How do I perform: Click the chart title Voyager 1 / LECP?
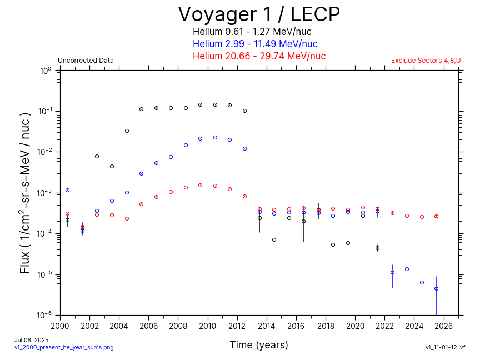coord(259,14)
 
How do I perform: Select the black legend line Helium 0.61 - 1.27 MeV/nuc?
coord(255,32)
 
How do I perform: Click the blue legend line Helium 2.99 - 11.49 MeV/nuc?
coord(255,44)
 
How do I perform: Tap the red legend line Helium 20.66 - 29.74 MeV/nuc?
coord(259,56)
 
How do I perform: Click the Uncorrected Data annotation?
coord(86,61)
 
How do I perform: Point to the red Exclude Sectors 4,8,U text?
coord(426,61)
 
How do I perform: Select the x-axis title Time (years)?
coord(259,345)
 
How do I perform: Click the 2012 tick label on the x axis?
coord(237,326)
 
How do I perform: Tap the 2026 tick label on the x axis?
coord(444,326)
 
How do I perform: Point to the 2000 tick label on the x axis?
coord(60,326)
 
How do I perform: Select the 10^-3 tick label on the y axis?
coord(44,193)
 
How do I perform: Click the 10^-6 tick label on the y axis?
coord(44,315)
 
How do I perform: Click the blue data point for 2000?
coord(67,190)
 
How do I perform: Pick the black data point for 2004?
coord(127,131)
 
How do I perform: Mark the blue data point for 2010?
coord(215,137)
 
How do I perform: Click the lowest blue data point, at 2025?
coord(436,288)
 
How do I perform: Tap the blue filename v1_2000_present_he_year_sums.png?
coord(64,347)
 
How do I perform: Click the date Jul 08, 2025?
coord(32,339)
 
